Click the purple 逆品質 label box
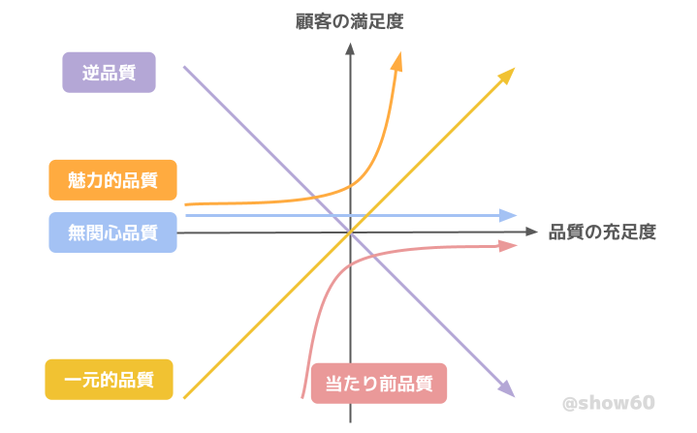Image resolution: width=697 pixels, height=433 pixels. [x=109, y=73]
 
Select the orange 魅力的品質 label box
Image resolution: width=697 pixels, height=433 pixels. [x=112, y=180]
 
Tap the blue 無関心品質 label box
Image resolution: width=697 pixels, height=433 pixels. [x=112, y=232]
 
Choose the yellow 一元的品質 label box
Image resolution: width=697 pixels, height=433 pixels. [x=109, y=380]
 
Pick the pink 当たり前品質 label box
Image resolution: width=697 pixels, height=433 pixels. [x=379, y=383]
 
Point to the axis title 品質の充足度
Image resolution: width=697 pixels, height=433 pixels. [x=602, y=232]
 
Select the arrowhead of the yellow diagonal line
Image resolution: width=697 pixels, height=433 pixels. [x=509, y=74]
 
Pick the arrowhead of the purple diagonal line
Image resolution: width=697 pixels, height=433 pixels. [x=506, y=390]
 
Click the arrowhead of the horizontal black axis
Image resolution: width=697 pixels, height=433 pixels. [x=530, y=232]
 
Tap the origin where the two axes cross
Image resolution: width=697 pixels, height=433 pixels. [x=350, y=232]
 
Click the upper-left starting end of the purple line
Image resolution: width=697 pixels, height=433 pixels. [x=184, y=67]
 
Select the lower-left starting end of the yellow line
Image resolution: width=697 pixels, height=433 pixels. [x=184, y=397]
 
